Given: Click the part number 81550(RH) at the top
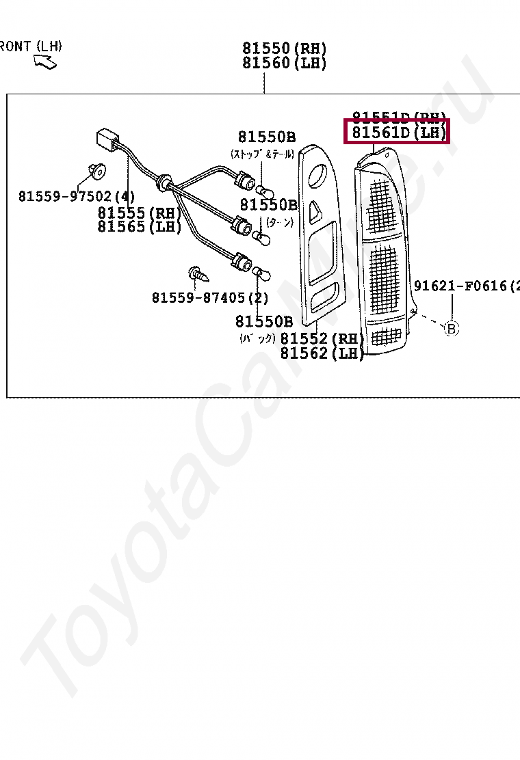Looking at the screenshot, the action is pos(284,49).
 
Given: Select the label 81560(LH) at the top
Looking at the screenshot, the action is pos(284,64).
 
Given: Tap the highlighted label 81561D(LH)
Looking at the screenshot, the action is pos(398,133).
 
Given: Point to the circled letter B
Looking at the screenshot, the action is pos(451,329).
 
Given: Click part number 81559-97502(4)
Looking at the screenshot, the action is pos(77,196).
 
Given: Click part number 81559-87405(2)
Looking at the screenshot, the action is pos(210,298).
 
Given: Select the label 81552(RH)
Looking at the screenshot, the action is pos(322,339).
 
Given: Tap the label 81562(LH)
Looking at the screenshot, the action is pos(322,353).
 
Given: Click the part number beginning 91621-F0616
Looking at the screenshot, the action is pos(465,286).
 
